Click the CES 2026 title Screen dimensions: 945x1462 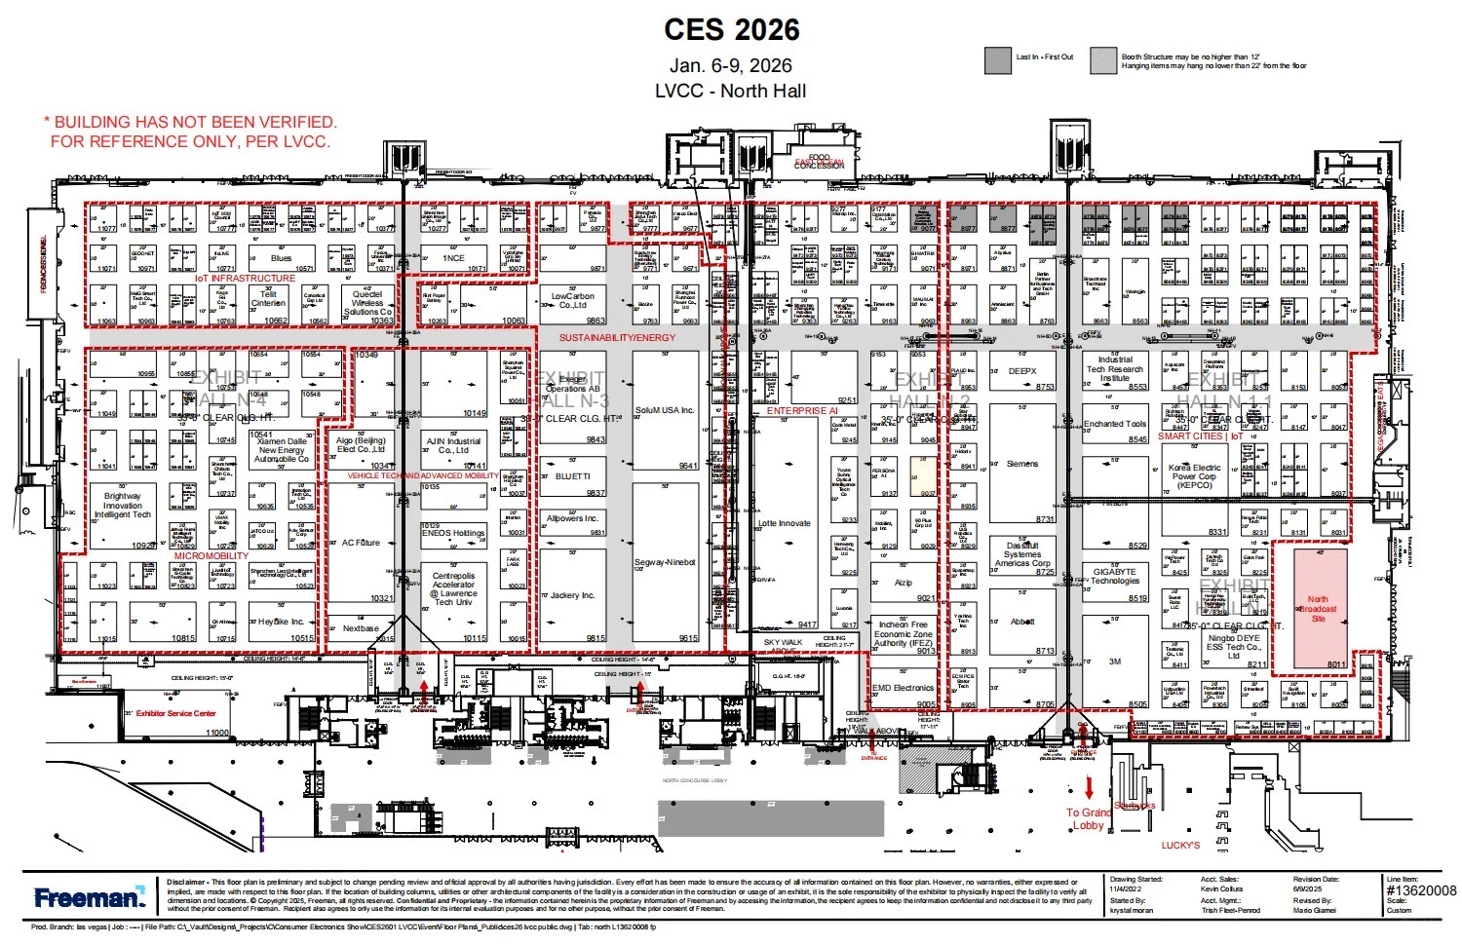(x=731, y=29)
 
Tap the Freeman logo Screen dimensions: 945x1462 (x=89, y=896)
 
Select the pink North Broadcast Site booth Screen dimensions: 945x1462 (x=1319, y=609)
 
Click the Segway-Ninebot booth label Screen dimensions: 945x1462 (x=665, y=562)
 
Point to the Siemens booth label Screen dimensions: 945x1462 (x=1021, y=464)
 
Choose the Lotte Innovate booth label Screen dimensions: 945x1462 (x=784, y=523)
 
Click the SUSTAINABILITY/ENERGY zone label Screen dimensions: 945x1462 (x=617, y=337)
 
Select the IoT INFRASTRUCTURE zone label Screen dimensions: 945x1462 (x=245, y=279)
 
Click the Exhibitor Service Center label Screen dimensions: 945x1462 (x=175, y=713)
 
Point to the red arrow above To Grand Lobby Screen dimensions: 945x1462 (x=1089, y=787)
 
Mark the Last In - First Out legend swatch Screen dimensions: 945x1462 (x=997, y=60)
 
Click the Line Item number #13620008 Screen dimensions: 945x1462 (x=1420, y=890)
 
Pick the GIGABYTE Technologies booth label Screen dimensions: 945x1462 (x=1114, y=577)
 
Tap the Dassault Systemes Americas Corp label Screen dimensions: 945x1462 (x=1022, y=554)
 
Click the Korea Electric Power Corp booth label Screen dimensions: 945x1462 (x=1194, y=476)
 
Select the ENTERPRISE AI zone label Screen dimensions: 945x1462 (x=801, y=411)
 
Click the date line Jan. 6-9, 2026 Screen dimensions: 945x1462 (x=730, y=65)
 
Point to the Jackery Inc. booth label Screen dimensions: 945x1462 (x=572, y=595)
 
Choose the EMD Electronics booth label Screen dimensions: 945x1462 (x=902, y=688)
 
